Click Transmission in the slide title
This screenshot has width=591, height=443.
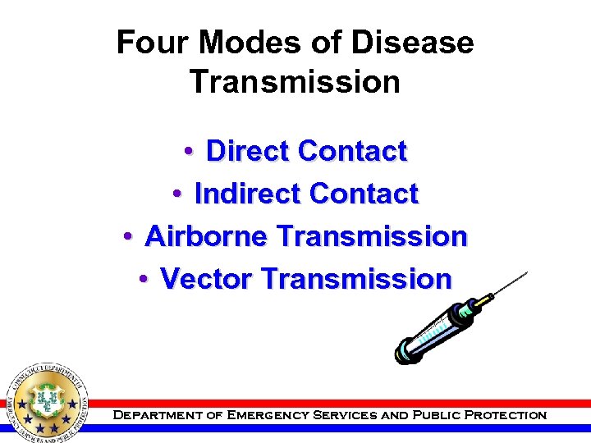pyautogui.click(x=295, y=82)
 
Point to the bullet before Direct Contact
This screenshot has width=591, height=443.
pyautogui.click(x=189, y=151)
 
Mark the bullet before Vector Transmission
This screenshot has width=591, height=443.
pyautogui.click(x=144, y=279)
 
